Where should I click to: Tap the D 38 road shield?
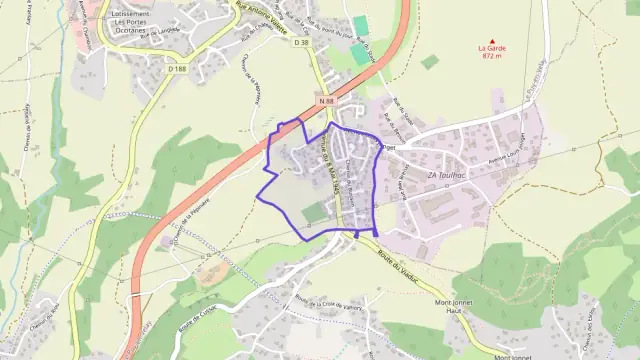coord(301,43)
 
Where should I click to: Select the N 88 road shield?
coord(326,102)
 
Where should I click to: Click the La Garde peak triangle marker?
coord(491,39)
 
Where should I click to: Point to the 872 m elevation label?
coord(490,56)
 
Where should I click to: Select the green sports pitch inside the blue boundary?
coord(313,212)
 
